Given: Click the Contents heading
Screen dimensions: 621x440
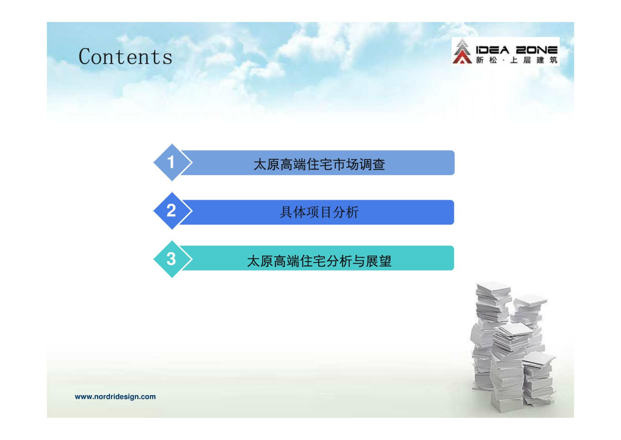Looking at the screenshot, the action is [125, 57].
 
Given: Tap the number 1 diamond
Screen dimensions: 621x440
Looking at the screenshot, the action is [172, 162].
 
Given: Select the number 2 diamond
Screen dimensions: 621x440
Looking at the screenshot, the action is [172, 211].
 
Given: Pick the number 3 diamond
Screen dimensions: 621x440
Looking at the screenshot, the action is [172, 259].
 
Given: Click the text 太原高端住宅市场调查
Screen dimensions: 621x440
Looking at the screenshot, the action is [319, 165].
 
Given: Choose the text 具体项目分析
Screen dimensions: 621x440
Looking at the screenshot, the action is [319, 212].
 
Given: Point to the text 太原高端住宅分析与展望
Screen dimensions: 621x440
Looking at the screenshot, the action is [319, 261].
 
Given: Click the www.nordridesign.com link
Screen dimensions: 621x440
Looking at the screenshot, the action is [115, 397].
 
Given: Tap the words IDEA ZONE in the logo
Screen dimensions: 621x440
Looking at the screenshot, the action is [516, 50].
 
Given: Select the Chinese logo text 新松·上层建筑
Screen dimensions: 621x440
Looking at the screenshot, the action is [516, 60].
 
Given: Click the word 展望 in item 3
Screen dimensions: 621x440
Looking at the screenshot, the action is [378, 261].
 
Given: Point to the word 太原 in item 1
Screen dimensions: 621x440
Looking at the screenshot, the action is [266, 165].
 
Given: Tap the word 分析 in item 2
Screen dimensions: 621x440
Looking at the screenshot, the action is [346, 212].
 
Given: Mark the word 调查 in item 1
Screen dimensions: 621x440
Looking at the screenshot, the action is [372, 165].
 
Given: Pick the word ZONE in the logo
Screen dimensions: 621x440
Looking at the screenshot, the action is [537, 50].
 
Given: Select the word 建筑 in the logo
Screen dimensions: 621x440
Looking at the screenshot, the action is [547, 60].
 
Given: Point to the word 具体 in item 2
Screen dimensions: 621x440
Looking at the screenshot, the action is [293, 212].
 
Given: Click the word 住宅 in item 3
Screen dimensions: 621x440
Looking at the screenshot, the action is [313, 261].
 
